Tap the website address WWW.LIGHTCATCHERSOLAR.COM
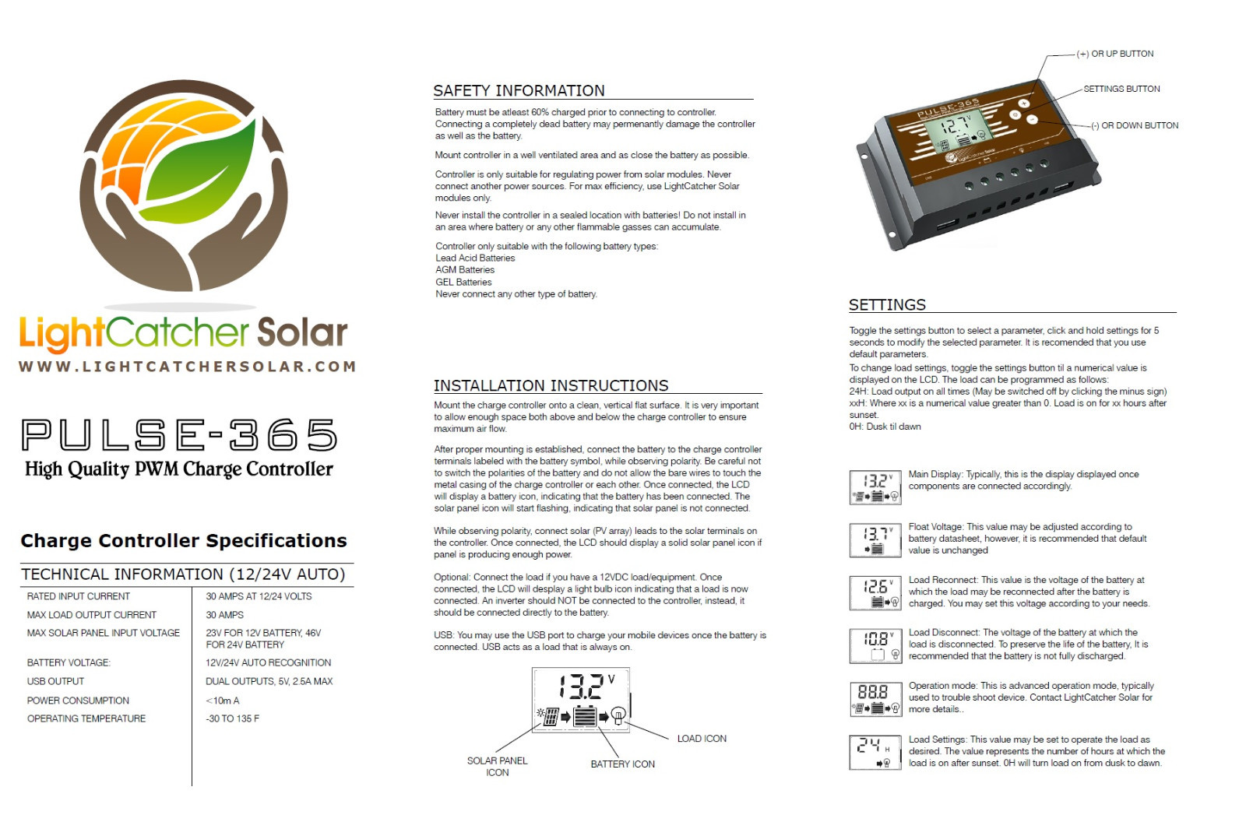click(x=188, y=367)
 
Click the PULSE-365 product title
click(x=179, y=434)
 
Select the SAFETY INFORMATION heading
click(x=519, y=90)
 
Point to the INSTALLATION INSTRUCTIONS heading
click(x=551, y=385)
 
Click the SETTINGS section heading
click(x=887, y=304)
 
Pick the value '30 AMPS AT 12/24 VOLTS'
click(x=259, y=596)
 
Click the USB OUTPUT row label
click(x=55, y=681)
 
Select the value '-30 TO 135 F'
click(x=233, y=718)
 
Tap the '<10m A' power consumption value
click(x=223, y=701)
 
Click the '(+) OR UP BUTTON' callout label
click(x=1114, y=54)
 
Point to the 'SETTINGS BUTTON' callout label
click(x=1121, y=89)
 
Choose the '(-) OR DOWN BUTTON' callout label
click(x=1134, y=125)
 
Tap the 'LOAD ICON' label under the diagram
click(x=702, y=739)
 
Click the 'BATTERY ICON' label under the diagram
click(x=622, y=764)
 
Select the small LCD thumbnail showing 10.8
click(x=875, y=646)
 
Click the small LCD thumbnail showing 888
click(x=875, y=699)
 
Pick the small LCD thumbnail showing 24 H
click(x=875, y=752)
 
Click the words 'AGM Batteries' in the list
click(x=465, y=269)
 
